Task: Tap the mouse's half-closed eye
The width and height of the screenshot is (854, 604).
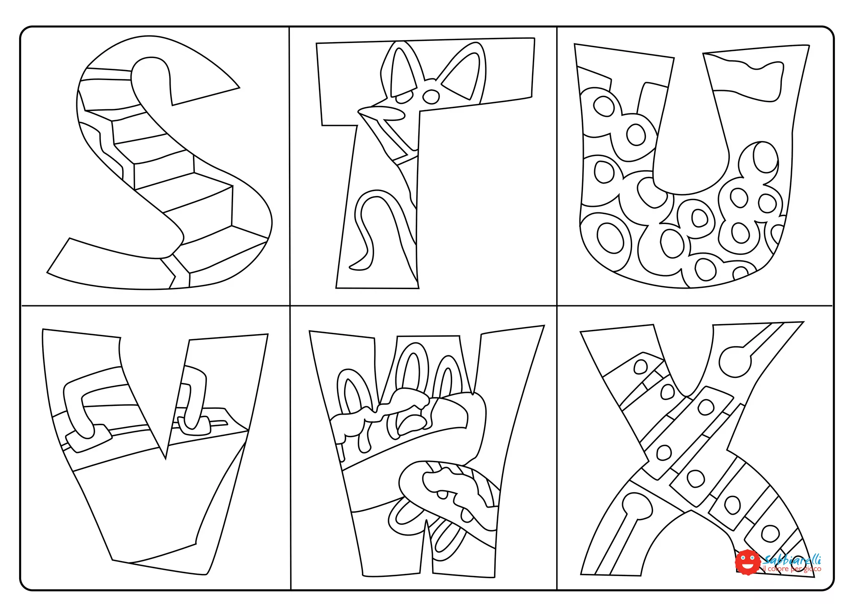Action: click(x=404, y=98)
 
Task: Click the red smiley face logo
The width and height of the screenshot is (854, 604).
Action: click(x=747, y=561)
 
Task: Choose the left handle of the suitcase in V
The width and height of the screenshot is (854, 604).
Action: click(x=77, y=409)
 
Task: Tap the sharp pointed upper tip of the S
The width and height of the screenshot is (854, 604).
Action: click(x=238, y=87)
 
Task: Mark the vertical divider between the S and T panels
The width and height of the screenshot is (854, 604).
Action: click(x=290, y=167)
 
